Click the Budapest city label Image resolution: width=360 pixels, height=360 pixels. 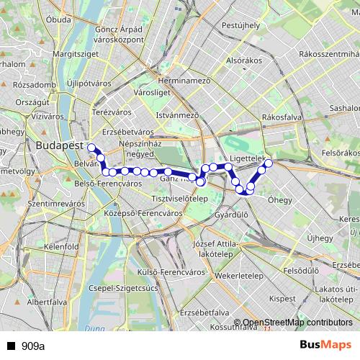click(x=58, y=145)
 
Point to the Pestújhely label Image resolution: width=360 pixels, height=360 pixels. click(x=240, y=25)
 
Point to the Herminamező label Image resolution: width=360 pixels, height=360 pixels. click(x=187, y=81)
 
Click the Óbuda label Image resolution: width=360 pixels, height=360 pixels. click(x=59, y=19)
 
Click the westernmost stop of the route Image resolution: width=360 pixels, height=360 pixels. click(x=91, y=148)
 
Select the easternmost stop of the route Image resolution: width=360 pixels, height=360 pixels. click(x=269, y=163)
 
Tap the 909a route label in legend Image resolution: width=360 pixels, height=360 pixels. click(x=33, y=346)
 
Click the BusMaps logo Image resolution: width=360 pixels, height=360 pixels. click(x=326, y=346)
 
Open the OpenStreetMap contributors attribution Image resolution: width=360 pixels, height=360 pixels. click(x=297, y=323)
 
